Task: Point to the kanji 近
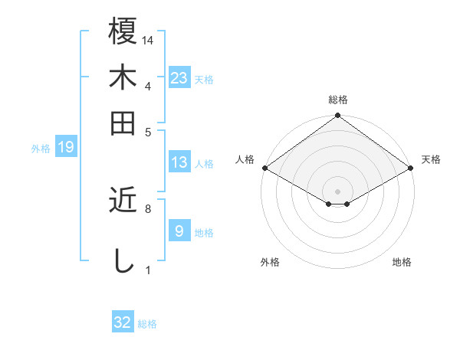pyautogui.click(x=123, y=201)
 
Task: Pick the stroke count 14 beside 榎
pyautogui.click(x=149, y=40)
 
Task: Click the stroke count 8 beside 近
pyautogui.click(x=148, y=208)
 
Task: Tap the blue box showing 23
pyautogui.click(x=179, y=78)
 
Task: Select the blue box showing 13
pyautogui.click(x=179, y=162)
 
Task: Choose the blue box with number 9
pyautogui.click(x=179, y=231)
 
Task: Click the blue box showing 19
pyautogui.click(x=66, y=147)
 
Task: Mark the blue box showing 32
pyautogui.click(x=123, y=322)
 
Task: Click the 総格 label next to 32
pyautogui.click(x=148, y=324)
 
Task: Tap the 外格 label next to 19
pyautogui.click(x=41, y=149)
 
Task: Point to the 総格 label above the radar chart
pyautogui.click(x=338, y=100)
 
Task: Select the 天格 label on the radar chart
pyautogui.click(x=431, y=159)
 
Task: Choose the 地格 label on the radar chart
pyautogui.click(x=402, y=262)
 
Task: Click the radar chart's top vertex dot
pyautogui.click(x=338, y=116)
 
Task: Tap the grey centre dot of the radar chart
pyautogui.click(x=338, y=191)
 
